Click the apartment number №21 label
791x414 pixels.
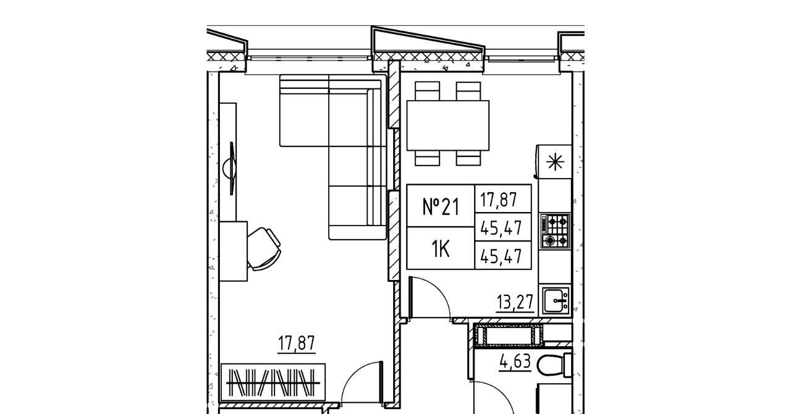click(441, 206)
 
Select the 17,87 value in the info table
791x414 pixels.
click(499, 200)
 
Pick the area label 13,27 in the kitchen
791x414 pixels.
click(515, 302)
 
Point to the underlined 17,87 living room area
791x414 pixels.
click(296, 344)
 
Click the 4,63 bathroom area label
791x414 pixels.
click(515, 361)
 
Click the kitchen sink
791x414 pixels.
click(556, 300)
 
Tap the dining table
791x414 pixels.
click(448, 125)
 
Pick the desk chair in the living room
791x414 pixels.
click(264, 248)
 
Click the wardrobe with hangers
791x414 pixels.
click(273, 382)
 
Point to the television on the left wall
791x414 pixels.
click(231, 168)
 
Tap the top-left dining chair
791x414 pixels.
click(427, 91)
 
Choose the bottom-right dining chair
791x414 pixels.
click(468, 158)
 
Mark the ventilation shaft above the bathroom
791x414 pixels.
click(509, 334)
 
